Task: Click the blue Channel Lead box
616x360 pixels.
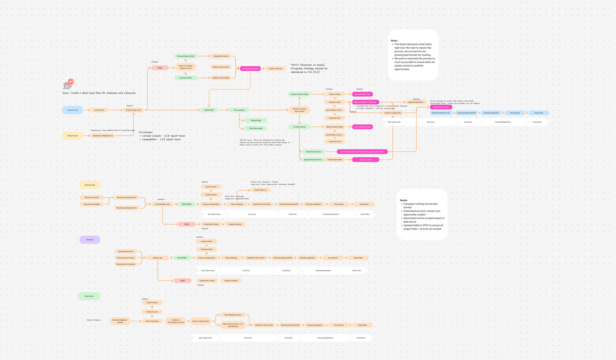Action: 72,110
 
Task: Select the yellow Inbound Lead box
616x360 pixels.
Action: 72,136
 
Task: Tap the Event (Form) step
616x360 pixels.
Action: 99,110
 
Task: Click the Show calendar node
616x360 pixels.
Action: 239,110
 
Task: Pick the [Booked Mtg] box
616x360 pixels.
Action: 256,120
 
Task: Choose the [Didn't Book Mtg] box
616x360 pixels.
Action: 256,128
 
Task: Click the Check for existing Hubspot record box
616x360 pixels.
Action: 186,67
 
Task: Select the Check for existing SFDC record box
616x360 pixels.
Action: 299,110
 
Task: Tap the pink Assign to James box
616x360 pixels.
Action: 365,160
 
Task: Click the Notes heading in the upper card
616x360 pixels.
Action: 394,40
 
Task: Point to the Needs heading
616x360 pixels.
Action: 403,200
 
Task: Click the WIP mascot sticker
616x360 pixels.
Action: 68,84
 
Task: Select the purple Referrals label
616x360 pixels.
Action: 90,240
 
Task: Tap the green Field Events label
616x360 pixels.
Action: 89,296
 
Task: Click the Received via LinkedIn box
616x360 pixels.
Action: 92,204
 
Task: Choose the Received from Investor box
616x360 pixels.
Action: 125,258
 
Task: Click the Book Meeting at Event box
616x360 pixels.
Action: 233,315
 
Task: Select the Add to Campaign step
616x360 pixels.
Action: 152,321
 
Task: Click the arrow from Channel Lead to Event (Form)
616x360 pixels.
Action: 86,110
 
